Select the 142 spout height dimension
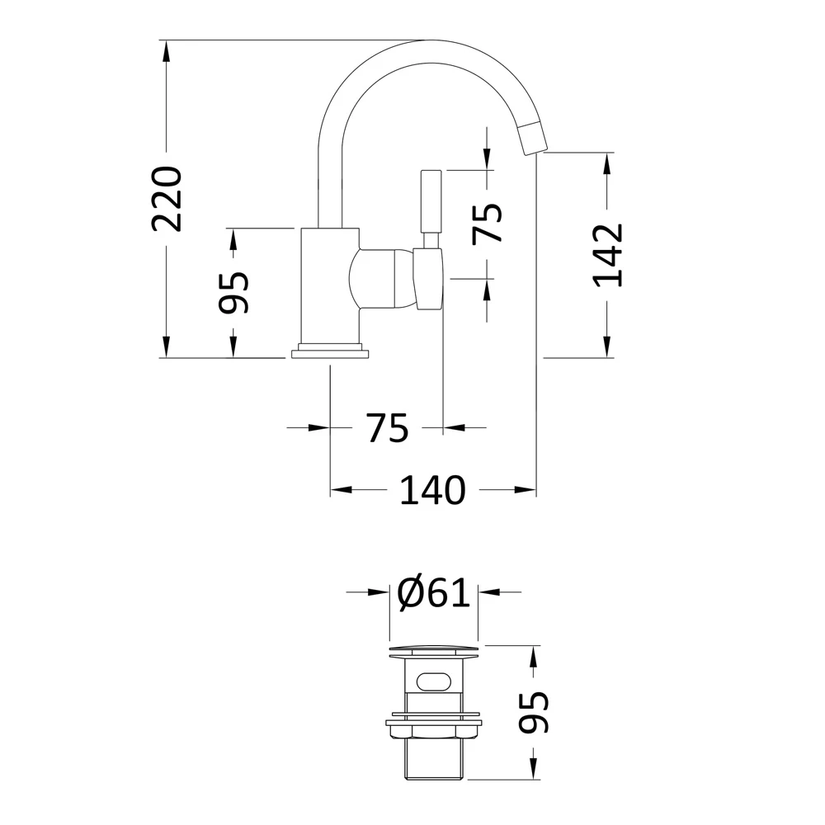608,254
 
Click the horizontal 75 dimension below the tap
387,428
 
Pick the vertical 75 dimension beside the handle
488,223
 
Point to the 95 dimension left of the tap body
233,292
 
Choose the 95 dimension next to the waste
534,712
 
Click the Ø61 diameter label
433,592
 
